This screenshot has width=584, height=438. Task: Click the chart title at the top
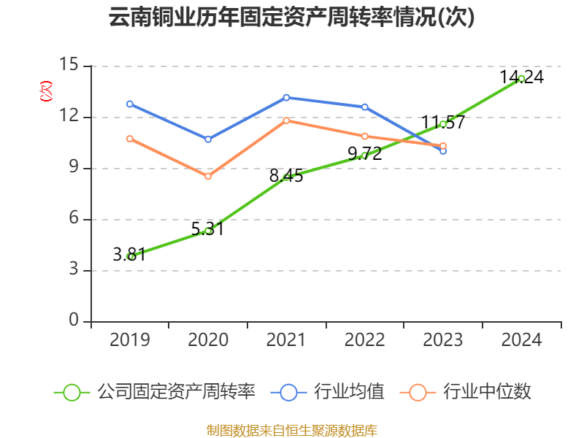pyautogui.click(x=292, y=18)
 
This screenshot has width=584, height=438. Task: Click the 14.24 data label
pyautogui.click(x=521, y=77)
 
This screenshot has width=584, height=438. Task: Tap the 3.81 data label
pyautogui.click(x=134, y=255)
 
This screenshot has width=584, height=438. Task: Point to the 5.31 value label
pyautogui.click(x=207, y=229)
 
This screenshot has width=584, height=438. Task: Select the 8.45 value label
pyautogui.click(x=286, y=176)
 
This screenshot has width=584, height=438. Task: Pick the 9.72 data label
pyautogui.click(x=364, y=154)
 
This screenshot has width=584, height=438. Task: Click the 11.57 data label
pyautogui.click(x=443, y=123)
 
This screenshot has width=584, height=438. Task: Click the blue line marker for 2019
pyautogui.click(x=130, y=104)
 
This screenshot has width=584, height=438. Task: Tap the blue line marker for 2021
pyautogui.click(x=286, y=97)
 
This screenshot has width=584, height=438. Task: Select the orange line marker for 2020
pyautogui.click(x=208, y=177)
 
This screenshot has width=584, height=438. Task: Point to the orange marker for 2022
pyautogui.click(x=365, y=137)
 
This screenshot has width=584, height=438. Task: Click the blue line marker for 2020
pyautogui.click(x=208, y=139)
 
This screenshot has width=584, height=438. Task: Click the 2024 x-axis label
pyautogui.click(x=521, y=339)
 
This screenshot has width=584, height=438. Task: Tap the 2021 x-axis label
pyautogui.click(x=286, y=339)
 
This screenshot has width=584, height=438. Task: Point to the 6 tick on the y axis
pyautogui.click(x=74, y=219)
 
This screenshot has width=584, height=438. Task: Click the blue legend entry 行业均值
pyautogui.click(x=328, y=392)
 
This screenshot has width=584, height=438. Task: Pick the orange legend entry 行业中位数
pyautogui.click(x=466, y=392)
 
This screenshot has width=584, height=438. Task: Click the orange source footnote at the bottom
pyautogui.click(x=292, y=430)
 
